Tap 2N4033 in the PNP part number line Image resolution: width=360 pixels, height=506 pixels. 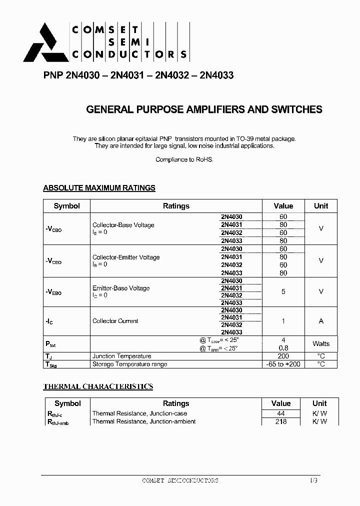216,76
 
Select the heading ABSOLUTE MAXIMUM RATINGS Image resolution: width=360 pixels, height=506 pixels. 99,188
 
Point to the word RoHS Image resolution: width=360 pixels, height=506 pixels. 204,159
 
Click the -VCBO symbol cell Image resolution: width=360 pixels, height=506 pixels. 53,229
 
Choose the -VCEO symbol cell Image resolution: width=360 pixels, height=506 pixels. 53,261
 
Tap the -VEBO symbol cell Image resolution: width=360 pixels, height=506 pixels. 53,292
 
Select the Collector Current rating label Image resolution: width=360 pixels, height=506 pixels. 115,321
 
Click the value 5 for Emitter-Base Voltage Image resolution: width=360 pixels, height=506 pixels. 283,291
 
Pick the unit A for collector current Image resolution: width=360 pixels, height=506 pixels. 321,321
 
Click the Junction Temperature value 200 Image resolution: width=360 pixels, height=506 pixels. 283,356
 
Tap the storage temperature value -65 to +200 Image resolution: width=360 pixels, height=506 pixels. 283,364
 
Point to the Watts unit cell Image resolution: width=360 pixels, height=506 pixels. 321,343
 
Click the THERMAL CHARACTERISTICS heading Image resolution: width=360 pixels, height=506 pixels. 98,386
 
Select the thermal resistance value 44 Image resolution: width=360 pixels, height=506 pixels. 281,413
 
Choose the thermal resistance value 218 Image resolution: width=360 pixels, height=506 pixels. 281,421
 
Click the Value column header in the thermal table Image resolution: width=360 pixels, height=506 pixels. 281,403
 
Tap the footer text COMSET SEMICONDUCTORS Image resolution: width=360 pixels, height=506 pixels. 180,480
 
